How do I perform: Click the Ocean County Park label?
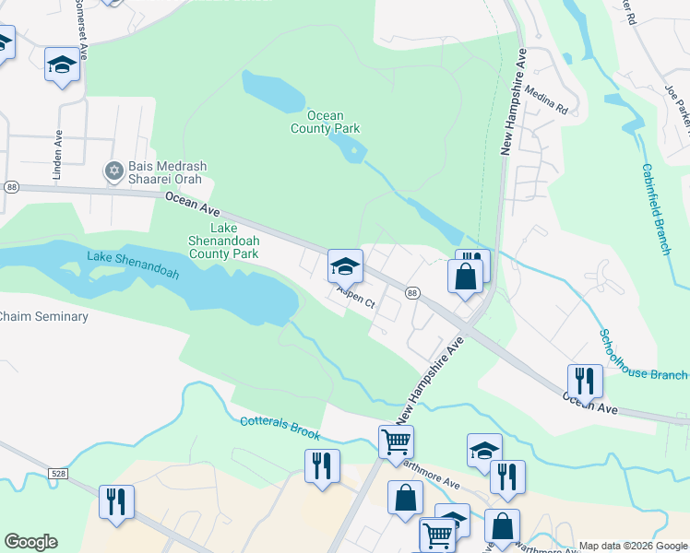tap(325, 122)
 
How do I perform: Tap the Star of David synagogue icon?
tap(114, 170)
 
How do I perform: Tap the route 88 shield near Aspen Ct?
tap(411, 293)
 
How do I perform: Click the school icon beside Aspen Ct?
tap(345, 267)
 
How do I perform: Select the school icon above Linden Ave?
tap(62, 65)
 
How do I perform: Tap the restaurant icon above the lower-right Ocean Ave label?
tap(585, 380)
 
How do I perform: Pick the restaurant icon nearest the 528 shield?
tap(116, 501)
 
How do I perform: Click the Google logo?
tap(30, 542)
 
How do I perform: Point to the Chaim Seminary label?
tap(43, 317)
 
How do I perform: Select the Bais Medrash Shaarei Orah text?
tap(167, 172)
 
